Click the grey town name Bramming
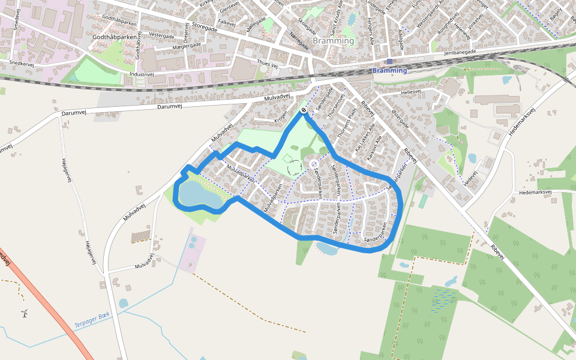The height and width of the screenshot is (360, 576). pyautogui.click(x=333, y=41)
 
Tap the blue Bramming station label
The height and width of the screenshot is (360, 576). pyautogui.click(x=389, y=71)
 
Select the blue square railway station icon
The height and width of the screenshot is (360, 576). pyautogui.click(x=389, y=61)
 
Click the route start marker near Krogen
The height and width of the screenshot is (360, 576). pyautogui.click(x=304, y=110)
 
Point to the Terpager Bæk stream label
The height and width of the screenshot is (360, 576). pyautogui.click(x=92, y=320)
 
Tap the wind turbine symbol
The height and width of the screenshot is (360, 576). pyautogui.click(x=25, y=313)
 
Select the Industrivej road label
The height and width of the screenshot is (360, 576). pyautogui.click(x=142, y=74)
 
